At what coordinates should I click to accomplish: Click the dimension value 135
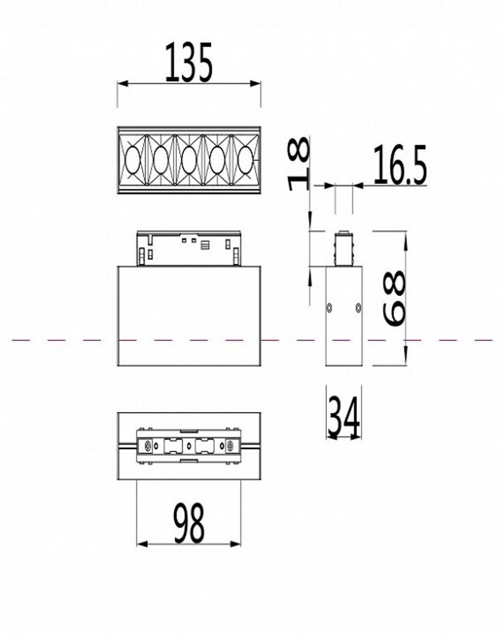pyautogui.click(x=189, y=63)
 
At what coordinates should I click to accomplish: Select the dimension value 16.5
pyautogui.click(x=399, y=165)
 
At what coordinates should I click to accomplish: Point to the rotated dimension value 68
pyautogui.click(x=394, y=299)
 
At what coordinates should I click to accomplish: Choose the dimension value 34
pyautogui.click(x=343, y=417)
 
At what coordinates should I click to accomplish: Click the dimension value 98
pyautogui.click(x=189, y=524)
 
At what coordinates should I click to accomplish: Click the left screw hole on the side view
pyautogui.click(x=329, y=307)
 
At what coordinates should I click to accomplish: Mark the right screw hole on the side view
pyautogui.click(x=357, y=307)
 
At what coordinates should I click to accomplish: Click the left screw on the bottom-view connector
pyautogui.click(x=148, y=445)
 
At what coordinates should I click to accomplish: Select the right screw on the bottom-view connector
pyautogui.click(x=230, y=445)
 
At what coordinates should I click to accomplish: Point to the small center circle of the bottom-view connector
pyautogui.click(x=189, y=445)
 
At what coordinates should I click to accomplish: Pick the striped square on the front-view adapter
pyautogui.click(x=205, y=245)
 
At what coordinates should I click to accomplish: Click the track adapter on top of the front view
pyautogui.click(x=189, y=248)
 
